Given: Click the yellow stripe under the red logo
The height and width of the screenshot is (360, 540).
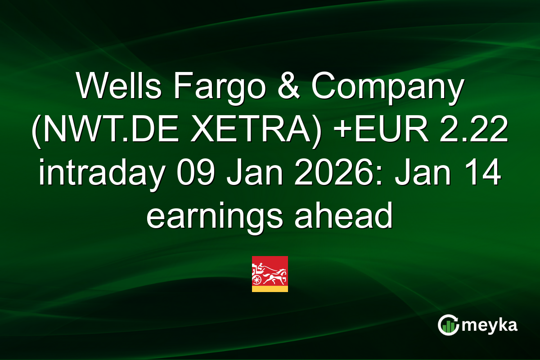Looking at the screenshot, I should (270, 289).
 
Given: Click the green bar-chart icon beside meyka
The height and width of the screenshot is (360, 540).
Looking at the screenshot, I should (447, 325).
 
